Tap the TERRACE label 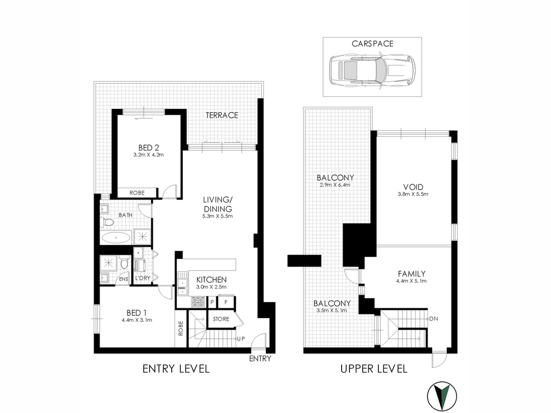click(222, 115)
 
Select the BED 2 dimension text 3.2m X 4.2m click(148, 155)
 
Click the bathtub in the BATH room click(116, 238)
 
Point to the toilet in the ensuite click(124, 262)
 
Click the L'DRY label click(143, 278)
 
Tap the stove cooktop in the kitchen click(198, 302)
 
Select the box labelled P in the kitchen click(212, 302)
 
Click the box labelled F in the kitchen click(226, 302)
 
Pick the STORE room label click(221, 319)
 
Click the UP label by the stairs click(241, 339)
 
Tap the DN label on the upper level click(434, 319)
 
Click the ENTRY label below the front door click(260, 359)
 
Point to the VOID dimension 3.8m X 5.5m click(413, 194)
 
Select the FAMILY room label click(412, 274)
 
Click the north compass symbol click(442, 396)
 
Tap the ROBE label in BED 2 click(137, 193)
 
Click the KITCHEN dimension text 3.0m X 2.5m click(211, 287)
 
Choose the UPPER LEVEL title click(374, 369)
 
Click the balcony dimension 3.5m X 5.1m click(332, 310)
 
